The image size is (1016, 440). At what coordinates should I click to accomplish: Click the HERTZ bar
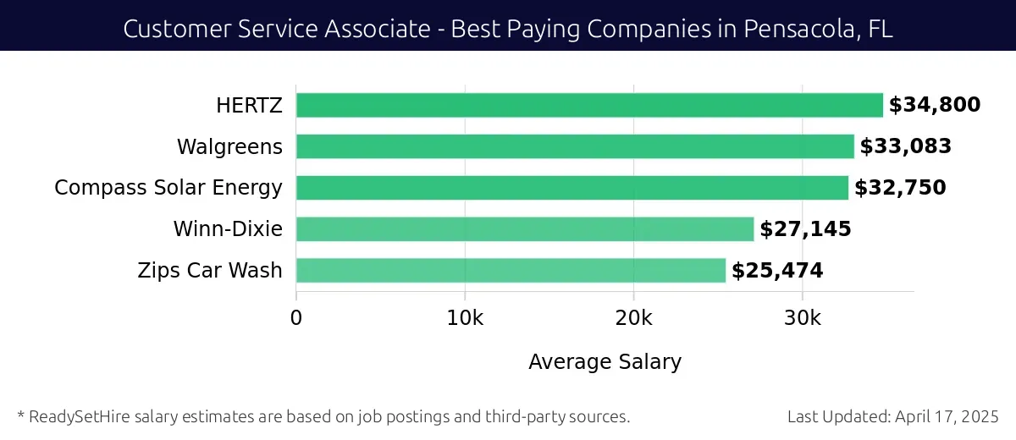(589, 105)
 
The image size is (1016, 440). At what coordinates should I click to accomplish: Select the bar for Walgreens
(575, 146)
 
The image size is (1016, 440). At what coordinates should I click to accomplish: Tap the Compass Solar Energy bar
(572, 188)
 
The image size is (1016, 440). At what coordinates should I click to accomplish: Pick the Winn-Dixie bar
(525, 229)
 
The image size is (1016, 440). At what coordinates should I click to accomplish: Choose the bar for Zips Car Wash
(511, 271)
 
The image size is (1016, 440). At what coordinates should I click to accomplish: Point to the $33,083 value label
(906, 146)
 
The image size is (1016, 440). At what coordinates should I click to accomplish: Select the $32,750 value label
(900, 188)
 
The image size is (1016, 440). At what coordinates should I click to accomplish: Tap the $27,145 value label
(805, 229)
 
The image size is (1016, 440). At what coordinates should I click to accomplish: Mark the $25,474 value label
(777, 271)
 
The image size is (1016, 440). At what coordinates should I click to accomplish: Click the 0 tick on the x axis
(296, 318)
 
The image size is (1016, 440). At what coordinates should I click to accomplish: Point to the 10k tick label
(465, 318)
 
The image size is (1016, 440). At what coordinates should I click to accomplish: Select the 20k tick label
(633, 318)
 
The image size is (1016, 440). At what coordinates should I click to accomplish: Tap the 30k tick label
(802, 318)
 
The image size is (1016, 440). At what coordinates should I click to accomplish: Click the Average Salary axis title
(605, 362)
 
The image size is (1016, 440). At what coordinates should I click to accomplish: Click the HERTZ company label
(249, 106)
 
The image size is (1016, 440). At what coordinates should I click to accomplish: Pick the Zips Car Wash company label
(210, 272)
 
